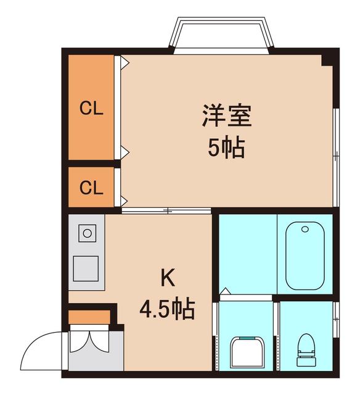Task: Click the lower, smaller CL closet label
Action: [91, 188]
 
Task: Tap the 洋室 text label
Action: [226, 116]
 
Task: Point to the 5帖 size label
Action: [226, 149]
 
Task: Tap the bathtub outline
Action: [306, 255]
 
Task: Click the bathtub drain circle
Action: [306, 230]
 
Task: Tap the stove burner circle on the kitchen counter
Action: [86, 233]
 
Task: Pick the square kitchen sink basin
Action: [86, 267]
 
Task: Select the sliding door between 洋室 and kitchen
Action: [166, 211]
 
